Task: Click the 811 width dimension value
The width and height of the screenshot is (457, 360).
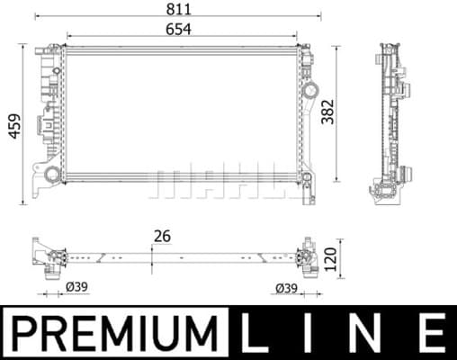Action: [x=179, y=9]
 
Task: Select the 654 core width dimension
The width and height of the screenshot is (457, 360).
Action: [x=178, y=30]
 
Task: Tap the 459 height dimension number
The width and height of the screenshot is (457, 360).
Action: [x=14, y=126]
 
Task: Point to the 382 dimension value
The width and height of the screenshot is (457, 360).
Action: [x=327, y=112]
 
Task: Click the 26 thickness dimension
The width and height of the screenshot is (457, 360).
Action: [x=162, y=236]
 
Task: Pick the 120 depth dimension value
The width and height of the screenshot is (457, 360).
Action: [x=330, y=259]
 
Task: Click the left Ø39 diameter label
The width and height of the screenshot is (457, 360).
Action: [x=76, y=287]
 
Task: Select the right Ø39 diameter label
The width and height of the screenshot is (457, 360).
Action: [x=286, y=288]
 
